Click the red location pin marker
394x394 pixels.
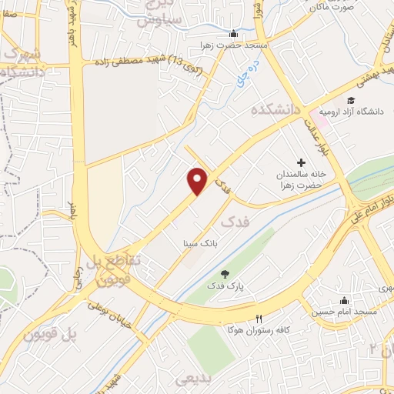pyautogui.click(x=198, y=181)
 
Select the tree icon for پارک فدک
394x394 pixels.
pyautogui.click(x=225, y=274)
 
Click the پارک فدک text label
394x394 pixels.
pyautogui.click(x=225, y=286)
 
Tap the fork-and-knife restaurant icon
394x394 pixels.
pyautogui.click(x=259, y=319)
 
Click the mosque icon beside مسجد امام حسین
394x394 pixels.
pyautogui.click(x=343, y=300)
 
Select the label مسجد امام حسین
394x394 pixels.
pyautogui.click(x=344, y=312)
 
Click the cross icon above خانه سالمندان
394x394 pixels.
pyautogui.click(x=301, y=162)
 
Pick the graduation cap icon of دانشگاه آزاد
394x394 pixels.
pyautogui.click(x=351, y=100)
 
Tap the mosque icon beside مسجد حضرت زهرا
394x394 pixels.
pyautogui.click(x=233, y=34)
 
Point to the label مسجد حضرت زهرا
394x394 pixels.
pyautogui.click(x=233, y=46)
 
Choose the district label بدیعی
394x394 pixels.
pyautogui.click(x=192, y=379)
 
